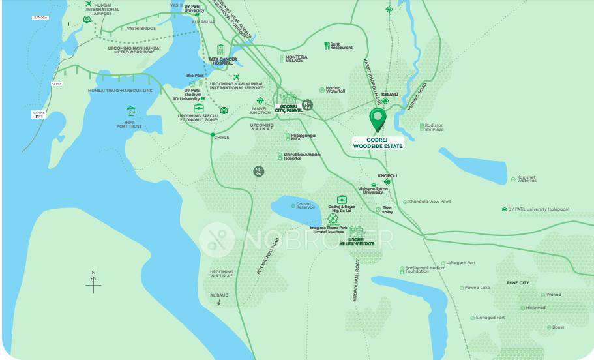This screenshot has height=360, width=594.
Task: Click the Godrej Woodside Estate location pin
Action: pyautogui.click(x=378, y=119)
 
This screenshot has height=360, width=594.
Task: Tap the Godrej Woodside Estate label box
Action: pyautogui.click(x=378, y=143)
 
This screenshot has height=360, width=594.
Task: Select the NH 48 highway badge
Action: pyautogui.click(x=308, y=104)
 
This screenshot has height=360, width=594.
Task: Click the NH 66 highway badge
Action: pyautogui.click(x=259, y=172)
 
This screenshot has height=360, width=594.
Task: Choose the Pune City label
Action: pyautogui.click(x=518, y=283)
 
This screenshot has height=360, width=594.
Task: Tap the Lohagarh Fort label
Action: pyautogui.click(x=462, y=263)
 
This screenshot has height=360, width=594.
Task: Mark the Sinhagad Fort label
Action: pyautogui.click(x=491, y=318)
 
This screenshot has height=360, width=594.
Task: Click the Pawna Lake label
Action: pyautogui.click(x=478, y=287)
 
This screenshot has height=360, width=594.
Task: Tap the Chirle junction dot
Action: pyautogui.click(x=213, y=135)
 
